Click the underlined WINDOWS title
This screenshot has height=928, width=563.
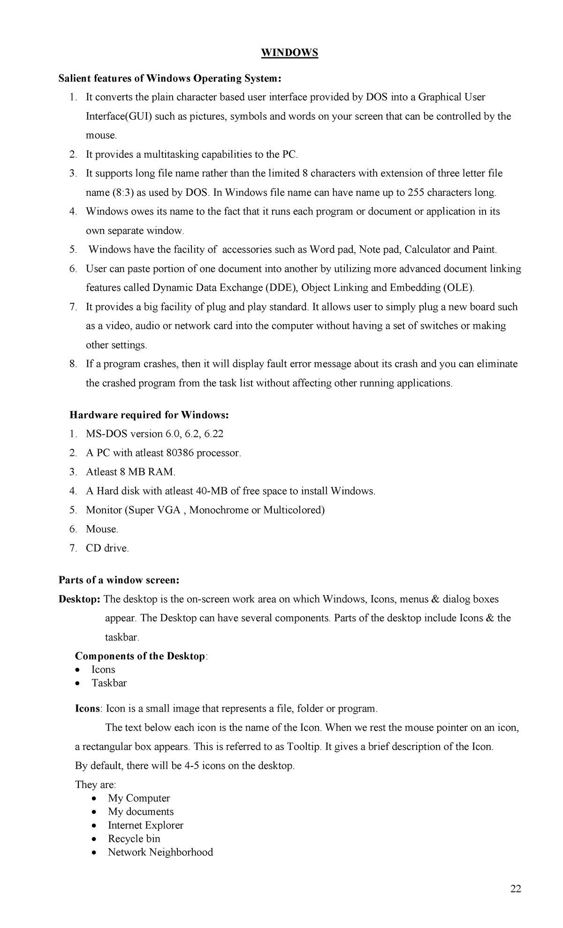tap(289, 53)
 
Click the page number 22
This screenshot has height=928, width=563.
tap(516, 889)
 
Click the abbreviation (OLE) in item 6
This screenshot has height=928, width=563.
tap(458, 288)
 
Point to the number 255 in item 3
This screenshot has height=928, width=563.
tap(416, 193)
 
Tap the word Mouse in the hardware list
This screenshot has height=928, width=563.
tap(101, 529)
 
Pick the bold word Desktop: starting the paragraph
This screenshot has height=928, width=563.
tap(79, 599)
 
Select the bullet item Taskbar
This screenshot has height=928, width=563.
tap(109, 683)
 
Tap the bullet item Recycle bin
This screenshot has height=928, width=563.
tap(134, 839)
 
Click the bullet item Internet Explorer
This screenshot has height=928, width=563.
tap(145, 825)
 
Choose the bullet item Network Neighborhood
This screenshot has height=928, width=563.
tap(160, 852)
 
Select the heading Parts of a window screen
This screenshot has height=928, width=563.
tap(119, 580)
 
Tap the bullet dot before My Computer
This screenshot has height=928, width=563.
tap(95, 798)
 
